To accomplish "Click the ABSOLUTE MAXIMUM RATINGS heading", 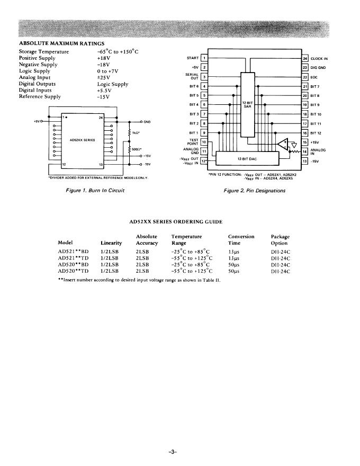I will click(x=61, y=43).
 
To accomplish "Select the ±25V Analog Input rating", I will click(x=104, y=77).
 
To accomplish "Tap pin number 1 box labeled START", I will click(x=204, y=58).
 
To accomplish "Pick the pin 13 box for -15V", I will click(x=305, y=160).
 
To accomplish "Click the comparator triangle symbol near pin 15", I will click(x=285, y=144).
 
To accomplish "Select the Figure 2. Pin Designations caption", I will click(x=255, y=190).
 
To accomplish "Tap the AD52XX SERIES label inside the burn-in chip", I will click(x=82, y=140).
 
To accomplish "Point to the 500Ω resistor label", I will click(x=137, y=150).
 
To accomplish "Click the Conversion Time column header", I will click(x=241, y=239).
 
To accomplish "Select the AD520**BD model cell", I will click(x=73, y=264).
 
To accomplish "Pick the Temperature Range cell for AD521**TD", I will click(x=192, y=257).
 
